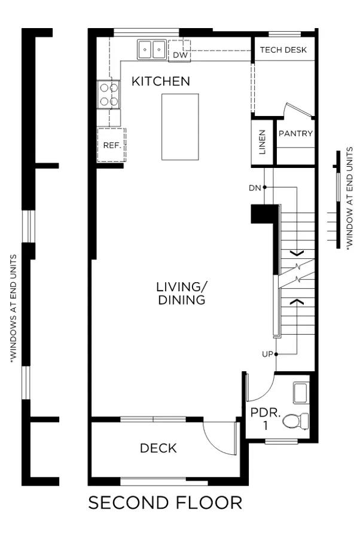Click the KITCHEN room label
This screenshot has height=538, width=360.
click(x=161, y=81)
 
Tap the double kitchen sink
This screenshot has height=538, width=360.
click(x=151, y=50)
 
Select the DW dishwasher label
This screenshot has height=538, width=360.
click(x=180, y=55)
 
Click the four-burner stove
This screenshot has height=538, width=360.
click(x=109, y=94)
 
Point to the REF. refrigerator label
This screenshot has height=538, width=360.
click(x=112, y=145)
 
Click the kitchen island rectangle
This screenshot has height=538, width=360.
click(x=180, y=127)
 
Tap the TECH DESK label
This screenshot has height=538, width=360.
click(x=283, y=50)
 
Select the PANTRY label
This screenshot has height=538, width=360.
click(x=295, y=133)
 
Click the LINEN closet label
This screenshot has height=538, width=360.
click(x=263, y=142)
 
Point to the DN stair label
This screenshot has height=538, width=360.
click(x=255, y=188)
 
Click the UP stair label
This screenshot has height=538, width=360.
click(x=267, y=354)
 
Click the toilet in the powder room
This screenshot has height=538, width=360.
click(x=295, y=421)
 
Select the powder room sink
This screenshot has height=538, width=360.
click(x=300, y=393)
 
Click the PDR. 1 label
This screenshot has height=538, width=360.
click(x=266, y=418)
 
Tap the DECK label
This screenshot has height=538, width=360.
click(x=158, y=448)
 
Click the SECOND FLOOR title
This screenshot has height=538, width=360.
click(x=165, y=503)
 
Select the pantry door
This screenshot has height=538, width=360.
click(x=298, y=110)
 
